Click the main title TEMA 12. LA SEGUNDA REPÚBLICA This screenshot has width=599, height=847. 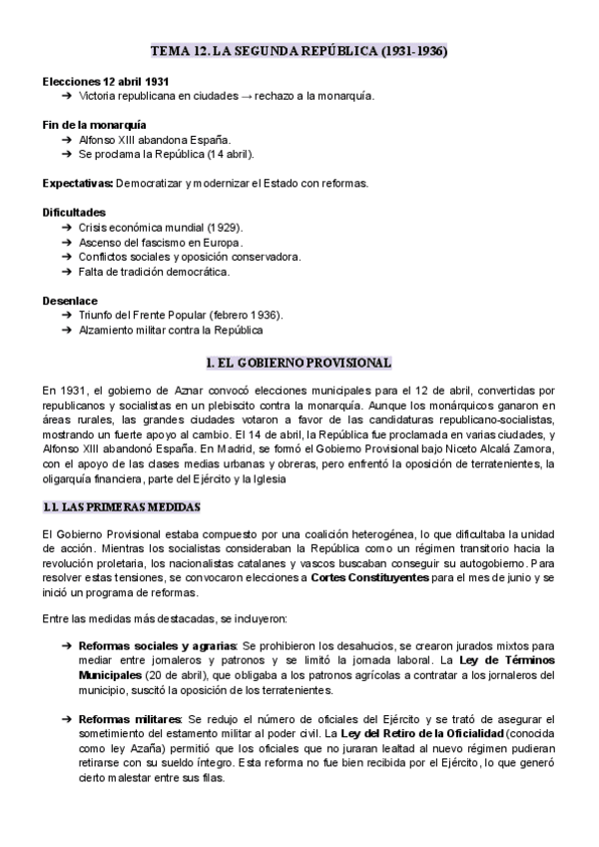(x=299, y=50)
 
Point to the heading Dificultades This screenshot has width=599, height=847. (x=74, y=213)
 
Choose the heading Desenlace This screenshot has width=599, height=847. (x=70, y=301)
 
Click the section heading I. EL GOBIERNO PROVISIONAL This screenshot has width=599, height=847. (x=299, y=363)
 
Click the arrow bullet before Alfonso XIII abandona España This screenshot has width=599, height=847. (x=66, y=140)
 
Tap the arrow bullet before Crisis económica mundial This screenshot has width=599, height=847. (x=66, y=228)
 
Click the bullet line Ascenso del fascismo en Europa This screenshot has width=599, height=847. (x=161, y=243)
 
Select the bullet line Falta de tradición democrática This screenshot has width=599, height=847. (x=155, y=272)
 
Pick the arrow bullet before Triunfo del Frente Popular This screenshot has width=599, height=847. (x=66, y=316)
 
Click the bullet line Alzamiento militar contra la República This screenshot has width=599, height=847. (x=186, y=331)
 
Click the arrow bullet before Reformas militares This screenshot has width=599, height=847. (x=66, y=719)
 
